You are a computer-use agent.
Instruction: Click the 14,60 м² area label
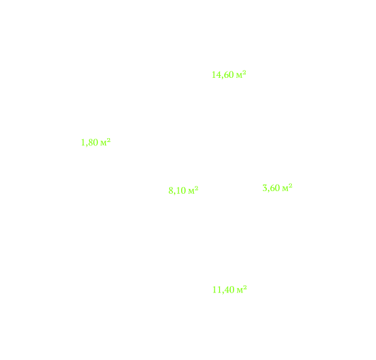[x=229, y=75]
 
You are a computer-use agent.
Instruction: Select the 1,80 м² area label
[x=95, y=142]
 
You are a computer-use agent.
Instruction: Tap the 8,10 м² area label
[x=184, y=190]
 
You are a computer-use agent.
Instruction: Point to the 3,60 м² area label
[x=277, y=188]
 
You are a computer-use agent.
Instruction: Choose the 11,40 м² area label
[x=230, y=290]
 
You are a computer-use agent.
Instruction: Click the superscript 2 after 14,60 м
[x=245, y=72]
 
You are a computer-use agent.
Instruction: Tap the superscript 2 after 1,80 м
[x=109, y=140]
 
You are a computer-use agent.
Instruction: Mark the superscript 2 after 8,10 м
[x=197, y=188]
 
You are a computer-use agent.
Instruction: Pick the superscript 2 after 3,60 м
[x=290, y=185]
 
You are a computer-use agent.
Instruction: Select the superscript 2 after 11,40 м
[x=245, y=287]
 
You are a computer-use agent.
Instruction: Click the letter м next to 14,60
[x=239, y=76]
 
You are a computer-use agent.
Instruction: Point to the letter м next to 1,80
[x=103, y=143]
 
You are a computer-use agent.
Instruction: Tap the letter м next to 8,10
[x=192, y=192]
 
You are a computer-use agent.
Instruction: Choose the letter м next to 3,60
[x=285, y=189]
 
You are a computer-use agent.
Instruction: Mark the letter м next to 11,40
[x=240, y=291]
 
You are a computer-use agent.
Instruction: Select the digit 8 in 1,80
[x=90, y=142]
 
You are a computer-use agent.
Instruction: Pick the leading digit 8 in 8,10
[x=171, y=190]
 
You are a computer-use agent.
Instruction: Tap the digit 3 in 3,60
[x=265, y=188]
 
